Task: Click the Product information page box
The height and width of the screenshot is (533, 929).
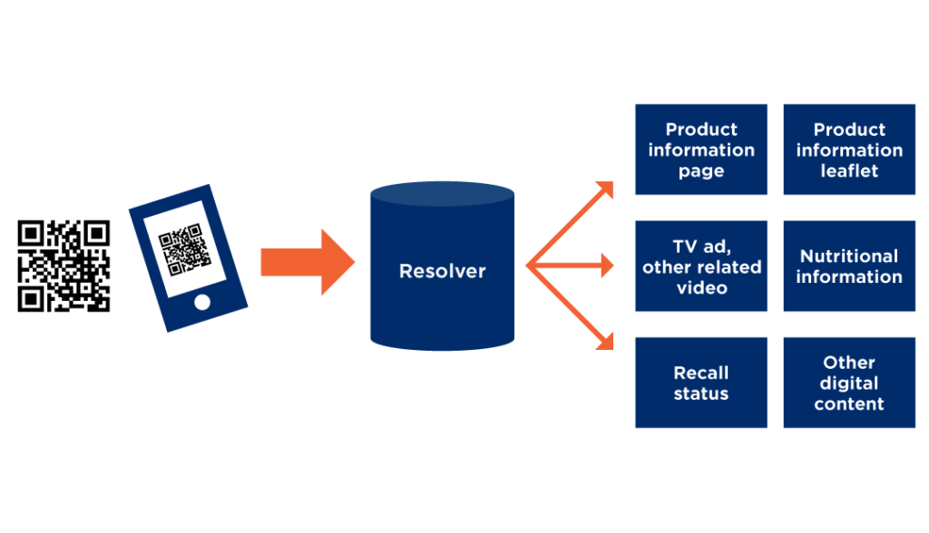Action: coord(700,150)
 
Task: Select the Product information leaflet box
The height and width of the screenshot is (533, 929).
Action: coord(849,150)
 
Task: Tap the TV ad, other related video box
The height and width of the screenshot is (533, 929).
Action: coord(700,266)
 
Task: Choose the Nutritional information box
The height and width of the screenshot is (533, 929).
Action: coord(849,266)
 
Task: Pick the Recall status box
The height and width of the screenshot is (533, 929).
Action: coord(700,383)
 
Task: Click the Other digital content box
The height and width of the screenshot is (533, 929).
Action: coord(849,383)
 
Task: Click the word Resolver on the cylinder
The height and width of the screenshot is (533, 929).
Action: coord(442,271)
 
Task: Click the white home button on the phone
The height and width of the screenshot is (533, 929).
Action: coord(201,301)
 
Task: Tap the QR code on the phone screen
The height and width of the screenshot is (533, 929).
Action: coord(185,247)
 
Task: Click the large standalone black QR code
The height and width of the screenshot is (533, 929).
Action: coord(64,266)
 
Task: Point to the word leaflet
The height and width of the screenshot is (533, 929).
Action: coord(849,171)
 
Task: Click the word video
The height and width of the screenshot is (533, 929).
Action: coord(701,288)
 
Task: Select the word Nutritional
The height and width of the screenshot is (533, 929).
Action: coord(849,256)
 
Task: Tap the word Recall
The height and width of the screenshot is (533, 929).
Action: coord(700,372)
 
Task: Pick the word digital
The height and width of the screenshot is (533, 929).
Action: coord(849,383)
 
